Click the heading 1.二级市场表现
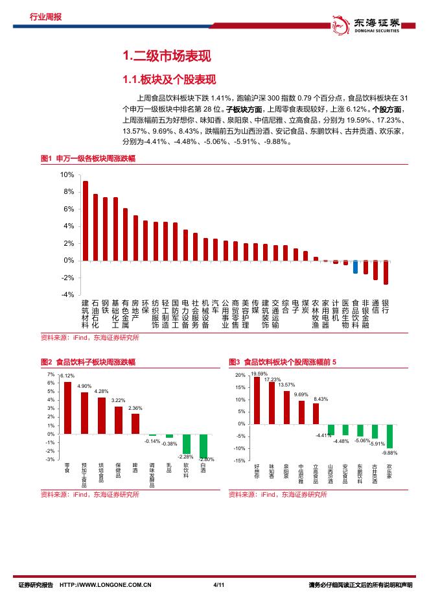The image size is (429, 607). click(x=167, y=58)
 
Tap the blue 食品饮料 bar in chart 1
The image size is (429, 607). click(x=355, y=267)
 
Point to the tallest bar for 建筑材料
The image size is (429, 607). click(x=85, y=220)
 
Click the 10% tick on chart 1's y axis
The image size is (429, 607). click(x=67, y=175)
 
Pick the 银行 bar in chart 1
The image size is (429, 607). click(x=386, y=272)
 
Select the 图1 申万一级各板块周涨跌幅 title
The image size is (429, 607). click(x=87, y=159)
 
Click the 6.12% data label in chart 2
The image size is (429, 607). click(x=68, y=376)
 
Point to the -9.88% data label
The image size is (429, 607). click(x=390, y=453)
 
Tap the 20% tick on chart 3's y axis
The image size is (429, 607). click(x=240, y=375)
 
